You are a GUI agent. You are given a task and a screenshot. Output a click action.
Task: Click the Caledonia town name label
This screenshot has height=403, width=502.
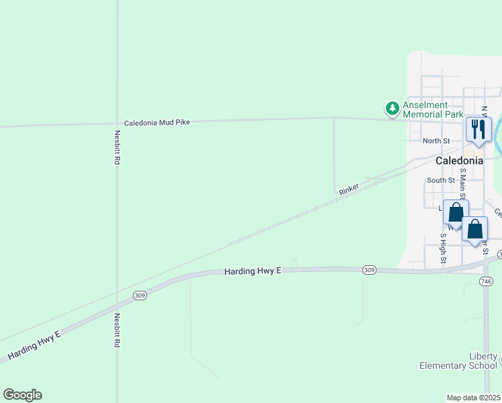[x=459, y=161]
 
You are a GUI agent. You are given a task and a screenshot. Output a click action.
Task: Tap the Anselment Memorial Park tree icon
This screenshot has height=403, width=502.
[x=392, y=107]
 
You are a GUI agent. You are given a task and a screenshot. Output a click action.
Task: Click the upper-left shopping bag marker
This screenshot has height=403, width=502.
[x=456, y=212]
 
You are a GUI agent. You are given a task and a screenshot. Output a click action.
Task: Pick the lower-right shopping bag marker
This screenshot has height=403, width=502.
[x=474, y=229]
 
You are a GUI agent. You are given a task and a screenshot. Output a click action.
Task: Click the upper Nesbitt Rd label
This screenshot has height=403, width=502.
[x=117, y=148]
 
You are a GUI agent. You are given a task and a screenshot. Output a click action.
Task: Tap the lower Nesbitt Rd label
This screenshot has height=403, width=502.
[x=117, y=330]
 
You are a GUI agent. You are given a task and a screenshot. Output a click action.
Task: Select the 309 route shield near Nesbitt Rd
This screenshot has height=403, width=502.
[x=140, y=296]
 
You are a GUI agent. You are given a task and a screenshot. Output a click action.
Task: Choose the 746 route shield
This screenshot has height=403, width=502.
[x=486, y=281]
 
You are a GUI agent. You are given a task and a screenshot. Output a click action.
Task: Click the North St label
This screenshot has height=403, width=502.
[x=436, y=141]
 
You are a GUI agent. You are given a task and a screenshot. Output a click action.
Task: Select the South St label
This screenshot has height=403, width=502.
[x=440, y=180]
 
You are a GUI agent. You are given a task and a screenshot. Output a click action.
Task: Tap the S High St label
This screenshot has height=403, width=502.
[x=444, y=247]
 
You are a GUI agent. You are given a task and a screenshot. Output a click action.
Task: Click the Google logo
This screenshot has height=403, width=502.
[x=22, y=395]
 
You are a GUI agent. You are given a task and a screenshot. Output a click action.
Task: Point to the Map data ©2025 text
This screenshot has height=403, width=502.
[x=474, y=398]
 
